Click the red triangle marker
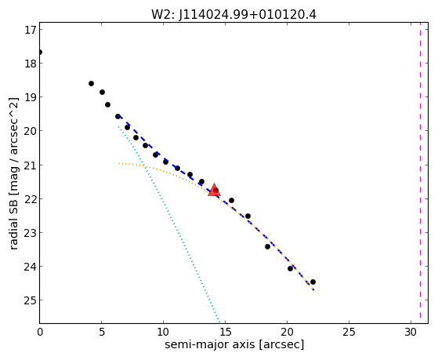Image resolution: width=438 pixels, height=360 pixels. (x=214, y=191)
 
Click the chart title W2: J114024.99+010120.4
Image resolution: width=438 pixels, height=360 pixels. (x=233, y=15)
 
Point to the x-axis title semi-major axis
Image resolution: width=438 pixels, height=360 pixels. (x=210, y=344)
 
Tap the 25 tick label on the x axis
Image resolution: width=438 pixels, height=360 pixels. (x=349, y=332)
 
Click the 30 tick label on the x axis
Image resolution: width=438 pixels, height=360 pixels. (x=411, y=332)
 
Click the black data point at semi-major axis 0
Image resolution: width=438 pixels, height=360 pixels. (x=40, y=52)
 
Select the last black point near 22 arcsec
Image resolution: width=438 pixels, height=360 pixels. (x=313, y=282)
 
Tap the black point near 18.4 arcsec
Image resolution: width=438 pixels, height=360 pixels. (x=267, y=246)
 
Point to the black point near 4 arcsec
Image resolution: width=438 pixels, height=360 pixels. (x=91, y=83)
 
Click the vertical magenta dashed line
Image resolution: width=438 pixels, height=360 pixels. (x=420, y=173)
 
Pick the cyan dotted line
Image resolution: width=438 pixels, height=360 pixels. (x=169, y=224)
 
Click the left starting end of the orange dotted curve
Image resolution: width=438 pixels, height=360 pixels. (x=119, y=163)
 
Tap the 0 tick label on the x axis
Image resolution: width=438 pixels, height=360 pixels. (x=40, y=332)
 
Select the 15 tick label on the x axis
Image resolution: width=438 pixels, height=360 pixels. (x=225, y=332)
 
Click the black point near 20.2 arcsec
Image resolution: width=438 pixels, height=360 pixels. (x=290, y=268)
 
